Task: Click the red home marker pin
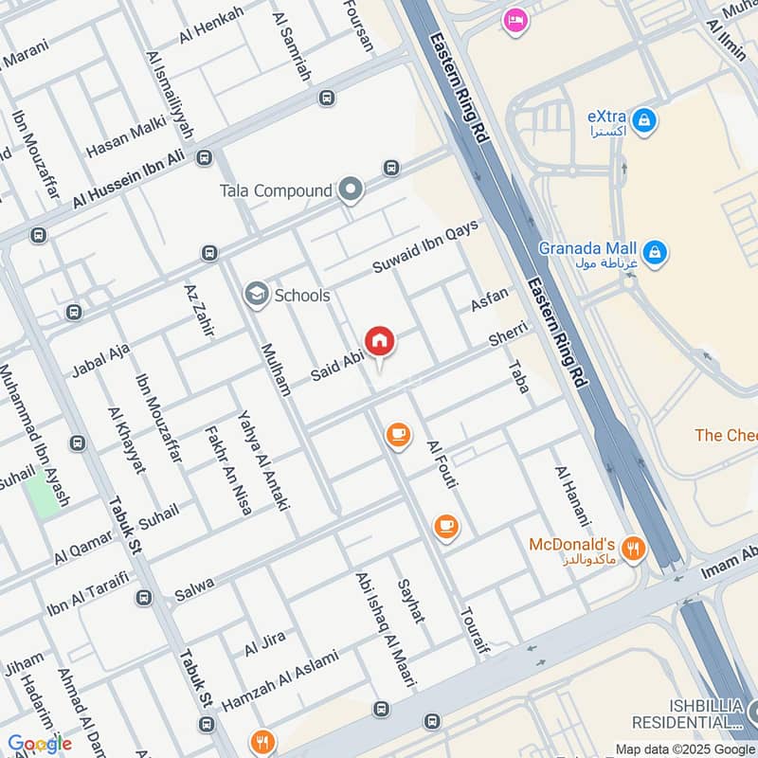click(379, 341)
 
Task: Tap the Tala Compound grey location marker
click(352, 190)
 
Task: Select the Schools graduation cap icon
click(255, 295)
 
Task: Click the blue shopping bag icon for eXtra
click(644, 121)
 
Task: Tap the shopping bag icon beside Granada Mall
click(654, 253)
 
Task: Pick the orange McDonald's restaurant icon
click(634, 549)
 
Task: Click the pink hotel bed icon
click(515, 19)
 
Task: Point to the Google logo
click(40, 744)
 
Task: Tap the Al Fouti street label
click(442, 465)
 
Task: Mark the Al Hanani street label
click(572, 496)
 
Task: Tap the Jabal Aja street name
click(100, 361)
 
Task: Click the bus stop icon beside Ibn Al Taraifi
click(143, 598)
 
